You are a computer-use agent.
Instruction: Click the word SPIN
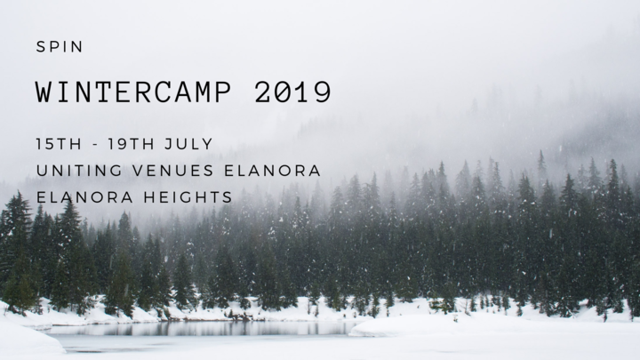pyautogui.click(x=60, y=47)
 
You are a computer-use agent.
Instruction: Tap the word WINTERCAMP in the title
pyautogui.click(x=133, y=92)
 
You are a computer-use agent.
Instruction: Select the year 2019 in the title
pyautogui.click(x=292, y=92)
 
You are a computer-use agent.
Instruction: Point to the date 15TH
pyautogui.click(x=59, y=144)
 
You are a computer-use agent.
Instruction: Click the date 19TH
pyautogui.click(x=131, y=144)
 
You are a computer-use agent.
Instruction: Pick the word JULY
pyautogui.click(x=189, y=144)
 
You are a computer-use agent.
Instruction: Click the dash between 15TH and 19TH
pyautogui.click(x=95, y=145)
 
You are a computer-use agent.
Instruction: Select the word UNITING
pyautogui.click(x=79, y=171)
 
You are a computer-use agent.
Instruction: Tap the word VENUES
pyautogui.click(x=173, y=171)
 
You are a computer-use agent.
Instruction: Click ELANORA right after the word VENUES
pyautogui.click(x=272, y=171)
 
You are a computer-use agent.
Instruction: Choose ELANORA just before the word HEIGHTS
pyautogui.click(x=84, y=197)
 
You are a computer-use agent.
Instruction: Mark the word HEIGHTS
pyautogui.click(x=188, y=197)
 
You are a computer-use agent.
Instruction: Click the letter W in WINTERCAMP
pyautogui.click(x=44, y=92)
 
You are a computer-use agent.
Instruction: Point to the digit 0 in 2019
pyautogui.click(x=283, y=92)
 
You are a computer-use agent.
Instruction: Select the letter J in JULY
pyautogui.click(x=169, y=144)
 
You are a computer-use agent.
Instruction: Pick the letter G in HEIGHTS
pyautogui.click(x=185, y=197)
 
